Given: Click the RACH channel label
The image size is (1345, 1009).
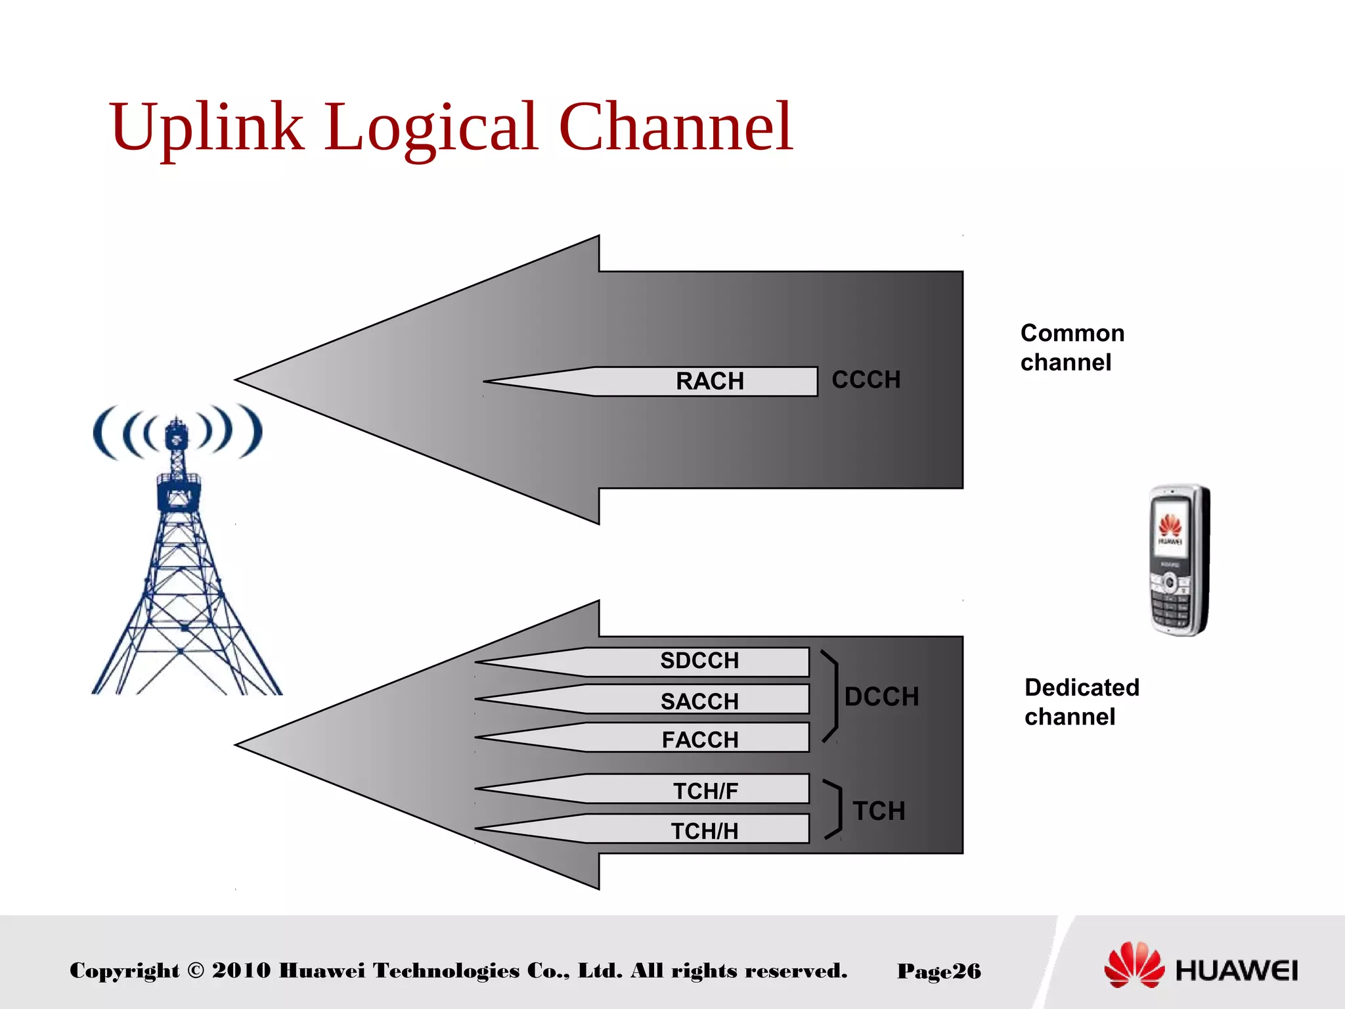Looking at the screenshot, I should tap(709, 381).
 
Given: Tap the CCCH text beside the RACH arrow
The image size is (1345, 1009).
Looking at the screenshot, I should tap(866, 380).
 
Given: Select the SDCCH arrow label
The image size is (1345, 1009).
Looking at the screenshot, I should tap(699, 660).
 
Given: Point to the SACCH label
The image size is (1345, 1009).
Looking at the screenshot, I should tap(699, 701).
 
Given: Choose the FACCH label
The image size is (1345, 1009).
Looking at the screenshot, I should tap(700, 740).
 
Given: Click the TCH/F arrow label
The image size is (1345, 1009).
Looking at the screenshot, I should tap(705, 791).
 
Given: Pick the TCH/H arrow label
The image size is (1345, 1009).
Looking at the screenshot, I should tap(705, 831).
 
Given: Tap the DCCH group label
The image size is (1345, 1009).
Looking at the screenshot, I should tap(881, 697).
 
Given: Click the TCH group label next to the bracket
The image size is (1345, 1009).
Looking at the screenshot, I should tap(879, 811).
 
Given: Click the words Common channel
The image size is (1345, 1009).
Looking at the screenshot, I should tap(1072, 348).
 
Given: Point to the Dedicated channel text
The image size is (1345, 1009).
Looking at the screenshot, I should tap(1081, 702).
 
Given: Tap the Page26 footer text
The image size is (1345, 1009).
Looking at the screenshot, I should tap(938, 971).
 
